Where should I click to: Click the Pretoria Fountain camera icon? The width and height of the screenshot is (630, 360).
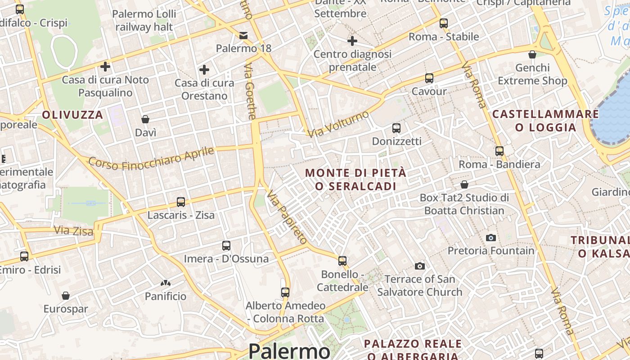click(491, 238)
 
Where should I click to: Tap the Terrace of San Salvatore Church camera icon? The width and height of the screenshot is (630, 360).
click(420, 266)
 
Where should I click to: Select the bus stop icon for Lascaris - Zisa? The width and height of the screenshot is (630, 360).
click(181, 202)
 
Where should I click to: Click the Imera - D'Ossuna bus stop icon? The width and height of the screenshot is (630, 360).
click(226, 246)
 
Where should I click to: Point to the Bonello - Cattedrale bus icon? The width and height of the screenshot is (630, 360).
click(342, 261)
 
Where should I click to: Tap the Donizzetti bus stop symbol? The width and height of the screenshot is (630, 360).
click(396, 128)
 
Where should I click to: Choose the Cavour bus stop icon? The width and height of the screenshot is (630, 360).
click(429, 78)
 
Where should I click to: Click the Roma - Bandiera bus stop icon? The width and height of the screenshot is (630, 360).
click(499, 151)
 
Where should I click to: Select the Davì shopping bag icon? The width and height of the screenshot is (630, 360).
click(145, 119)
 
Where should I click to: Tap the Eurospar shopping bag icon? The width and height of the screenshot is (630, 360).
click(66, 296)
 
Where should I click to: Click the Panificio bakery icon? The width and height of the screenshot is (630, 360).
click(166, 283)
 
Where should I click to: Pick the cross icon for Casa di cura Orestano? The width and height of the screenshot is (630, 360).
click(204, 70)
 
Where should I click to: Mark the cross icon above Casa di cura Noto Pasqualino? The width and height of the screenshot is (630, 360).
click(105, 67)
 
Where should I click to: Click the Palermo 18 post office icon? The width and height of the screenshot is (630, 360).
click(243, 35)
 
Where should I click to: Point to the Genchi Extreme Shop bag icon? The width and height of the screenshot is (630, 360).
click(532, 54)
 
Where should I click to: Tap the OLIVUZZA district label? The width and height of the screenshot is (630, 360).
click(73, 115)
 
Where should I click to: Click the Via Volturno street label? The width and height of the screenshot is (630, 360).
click(338, 124)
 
